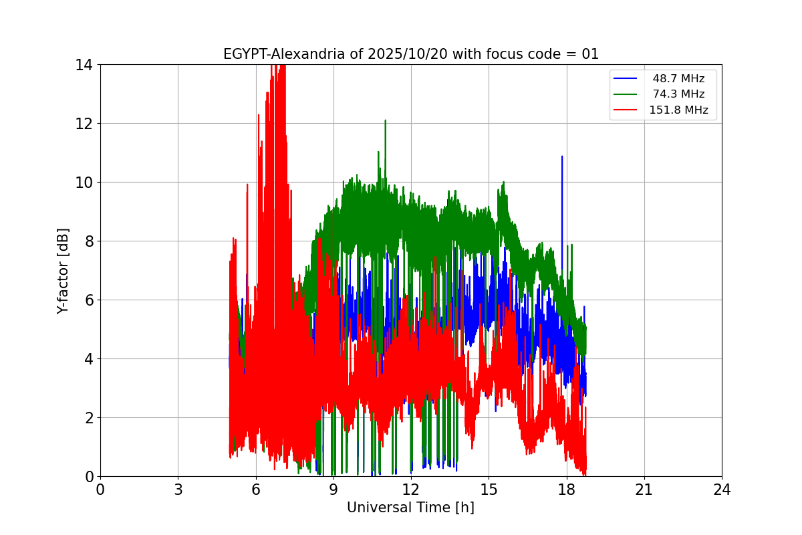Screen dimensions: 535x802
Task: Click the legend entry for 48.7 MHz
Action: (678, 79)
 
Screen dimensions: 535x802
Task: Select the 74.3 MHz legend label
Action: (678, 94)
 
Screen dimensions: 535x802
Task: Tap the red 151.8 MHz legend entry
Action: (678, 110)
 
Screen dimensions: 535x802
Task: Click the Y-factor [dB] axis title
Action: (63, 270)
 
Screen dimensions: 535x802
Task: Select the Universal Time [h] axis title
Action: (410, 508)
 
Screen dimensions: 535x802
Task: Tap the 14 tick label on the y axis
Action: (84, 65)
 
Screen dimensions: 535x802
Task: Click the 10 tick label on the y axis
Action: (84, 183)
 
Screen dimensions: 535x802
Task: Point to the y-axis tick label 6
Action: (88, 300)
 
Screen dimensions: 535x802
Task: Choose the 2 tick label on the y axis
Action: (88, 418)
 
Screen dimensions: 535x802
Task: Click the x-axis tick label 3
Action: (178, 490)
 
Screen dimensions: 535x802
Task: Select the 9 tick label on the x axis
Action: (333, 490)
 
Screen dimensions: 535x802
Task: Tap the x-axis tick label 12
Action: (411, 490)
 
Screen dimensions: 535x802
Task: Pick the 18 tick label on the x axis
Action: (567, 490)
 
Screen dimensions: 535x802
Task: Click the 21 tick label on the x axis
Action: (644, 490)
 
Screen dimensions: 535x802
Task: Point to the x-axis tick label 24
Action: (722, 490)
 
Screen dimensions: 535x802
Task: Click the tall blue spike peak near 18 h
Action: (562, 157)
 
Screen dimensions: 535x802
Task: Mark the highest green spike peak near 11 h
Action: (386, 121)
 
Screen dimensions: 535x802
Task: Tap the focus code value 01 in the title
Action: (590, 54)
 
